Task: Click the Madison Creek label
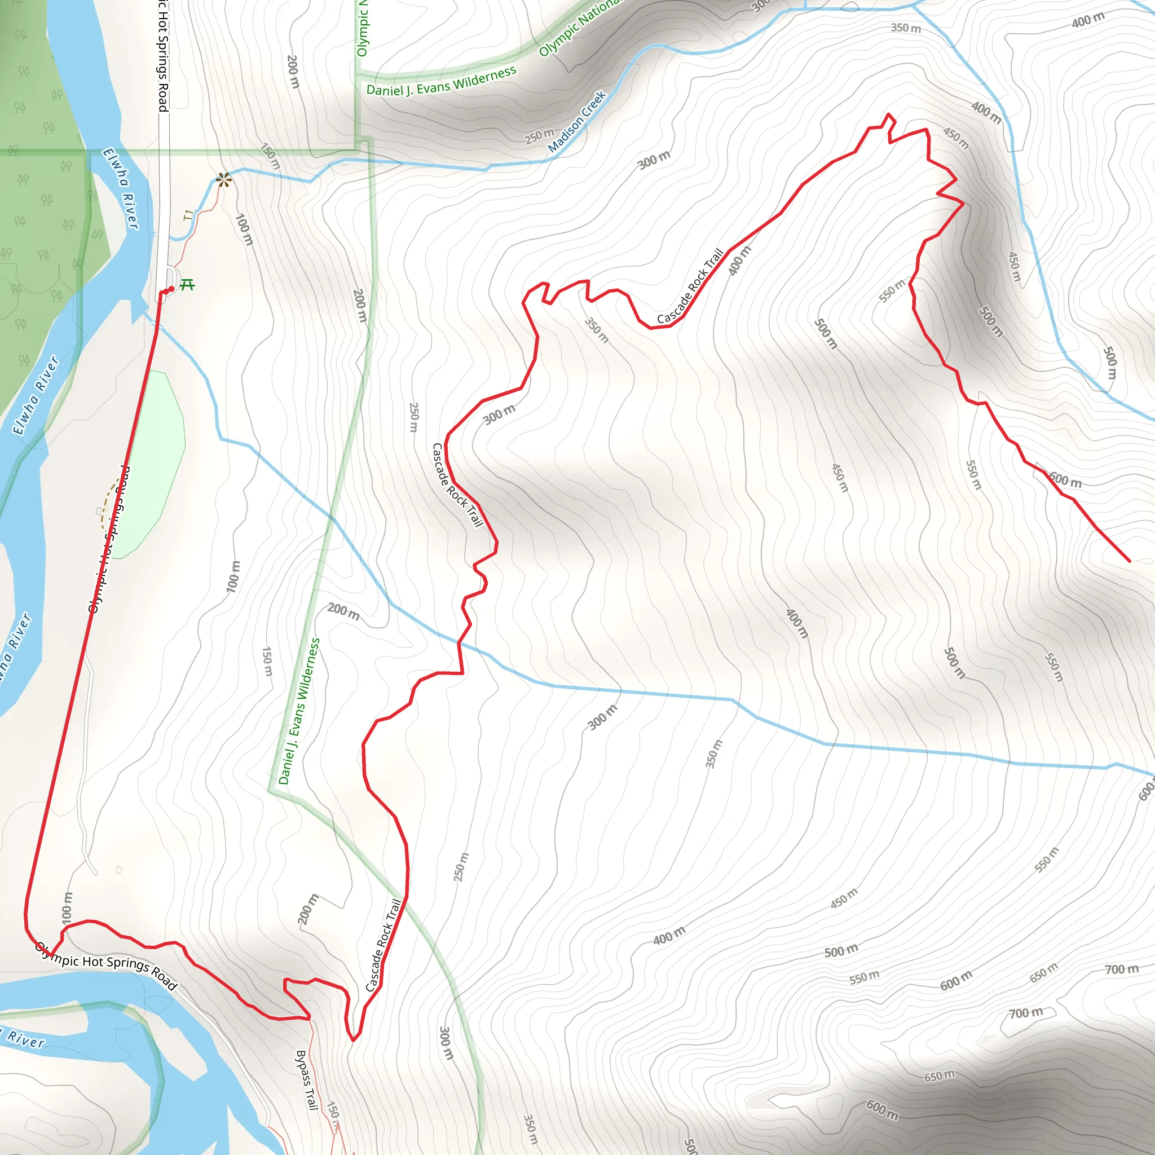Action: [577, 121]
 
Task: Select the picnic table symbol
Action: [187, 285]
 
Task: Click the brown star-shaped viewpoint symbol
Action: [223, 179]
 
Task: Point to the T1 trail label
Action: [189, 215]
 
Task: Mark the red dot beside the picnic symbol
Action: [171, 289]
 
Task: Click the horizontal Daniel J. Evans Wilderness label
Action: [441, 82]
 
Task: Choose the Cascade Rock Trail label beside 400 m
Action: [690, 287]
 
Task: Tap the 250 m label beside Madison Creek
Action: [539, 136]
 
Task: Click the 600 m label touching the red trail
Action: [1065, 480]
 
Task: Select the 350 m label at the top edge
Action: [906, 28]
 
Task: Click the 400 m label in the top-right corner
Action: [1088, 20]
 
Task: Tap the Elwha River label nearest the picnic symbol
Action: [121, 188]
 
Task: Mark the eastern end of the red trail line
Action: [1129, 561]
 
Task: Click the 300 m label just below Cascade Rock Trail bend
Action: [499, 414]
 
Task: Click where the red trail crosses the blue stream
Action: [459, 643]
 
